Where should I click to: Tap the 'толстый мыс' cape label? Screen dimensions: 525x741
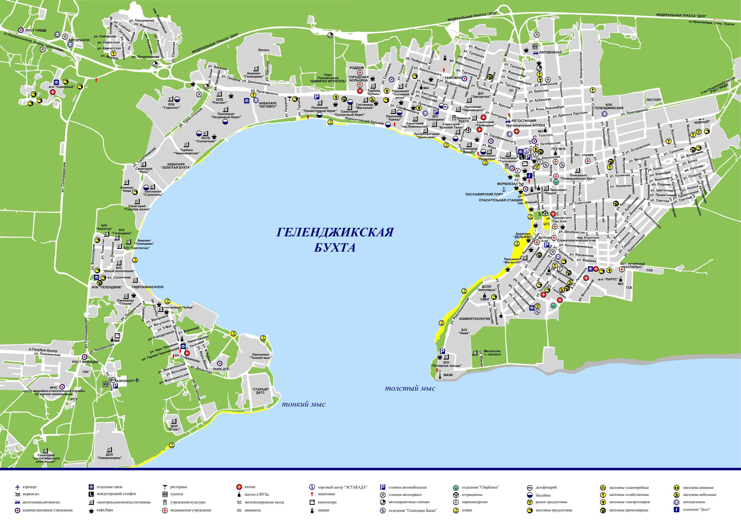(x=410, y=388)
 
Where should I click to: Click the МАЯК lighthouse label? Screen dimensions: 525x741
(x=448, y=375)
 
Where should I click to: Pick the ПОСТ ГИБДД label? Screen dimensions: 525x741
(x=36, y=30)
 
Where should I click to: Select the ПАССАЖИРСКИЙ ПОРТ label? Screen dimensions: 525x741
(x=484, y=194)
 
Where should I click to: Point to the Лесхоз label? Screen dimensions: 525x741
(x=263, y=50)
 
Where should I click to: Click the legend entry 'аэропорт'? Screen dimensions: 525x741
(x=30, y=487)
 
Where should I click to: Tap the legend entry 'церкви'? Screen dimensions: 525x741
(x=323, y=510)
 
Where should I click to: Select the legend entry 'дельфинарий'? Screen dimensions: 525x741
(x=546, y=487)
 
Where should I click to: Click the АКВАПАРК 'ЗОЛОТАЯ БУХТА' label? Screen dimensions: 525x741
(x=176, y=166)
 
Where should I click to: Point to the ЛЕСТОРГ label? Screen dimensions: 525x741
(x=654, y=100)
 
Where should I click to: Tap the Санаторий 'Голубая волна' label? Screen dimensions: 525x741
(x=137, y=208)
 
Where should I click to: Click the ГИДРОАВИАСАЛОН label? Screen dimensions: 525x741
(x=147, y=287)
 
